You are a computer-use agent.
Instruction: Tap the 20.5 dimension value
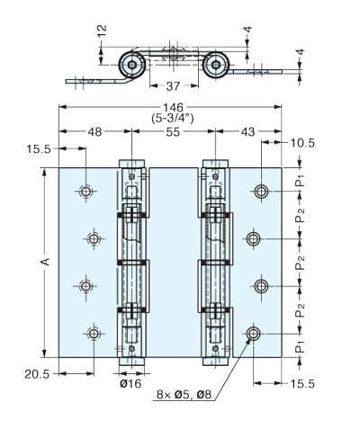tap(36, 372)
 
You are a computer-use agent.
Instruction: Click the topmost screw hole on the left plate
tap(85, 192)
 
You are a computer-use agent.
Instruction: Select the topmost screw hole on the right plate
tap(262, 191)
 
